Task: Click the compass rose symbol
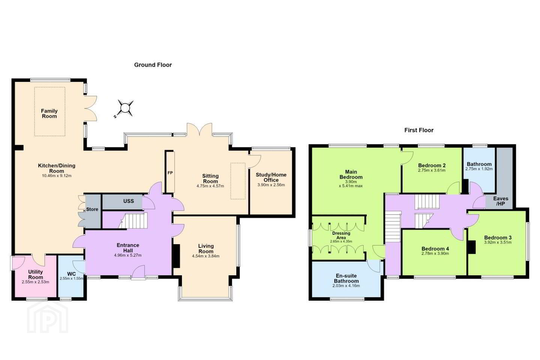click(x=125, y=108)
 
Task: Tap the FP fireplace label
click(x=170, y=173)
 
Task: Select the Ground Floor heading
click(x=153, y=65)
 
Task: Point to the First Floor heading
click(x=419, y=130)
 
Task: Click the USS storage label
click(x=129, y=201)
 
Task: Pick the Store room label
click(x=92, y=209)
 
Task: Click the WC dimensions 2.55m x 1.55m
click(x=71, y=279)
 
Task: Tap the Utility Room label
click(x=35, y=274)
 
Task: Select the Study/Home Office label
click(x=271, y=177)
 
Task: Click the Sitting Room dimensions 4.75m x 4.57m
click(x=210, y=186)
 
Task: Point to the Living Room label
click(x=206, y=249)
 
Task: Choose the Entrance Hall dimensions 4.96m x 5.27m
click(x=128, y=255)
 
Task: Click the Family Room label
click(x=49, y=114)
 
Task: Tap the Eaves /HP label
click(x=501, y=201)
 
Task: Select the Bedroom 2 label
click(x=432, y=165)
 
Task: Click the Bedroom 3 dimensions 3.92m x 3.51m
click(x=498, y=242)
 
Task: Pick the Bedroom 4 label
click(x=435, y=249)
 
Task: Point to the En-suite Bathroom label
click(x=346, y=278)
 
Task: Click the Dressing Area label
click(x=341, y=235)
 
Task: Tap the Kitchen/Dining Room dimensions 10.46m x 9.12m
click(x=57, y=176)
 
